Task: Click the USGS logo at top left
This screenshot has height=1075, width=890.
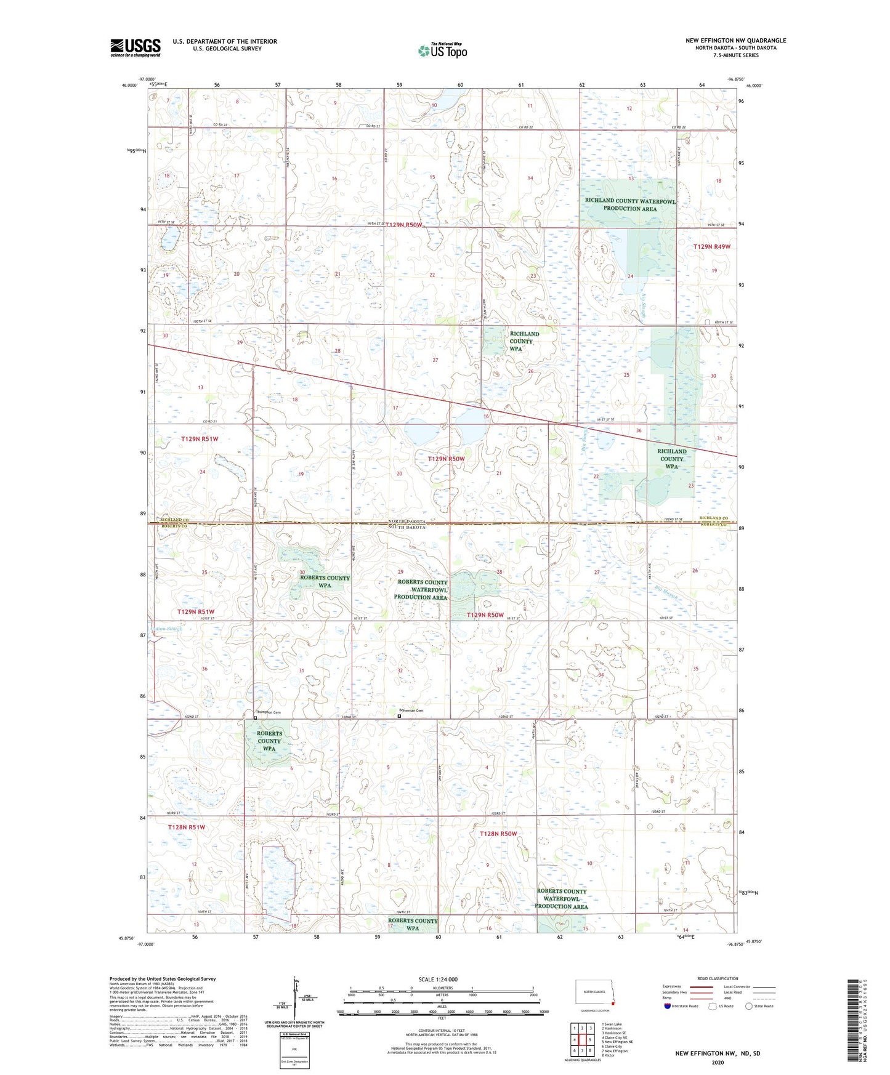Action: coord(135,47)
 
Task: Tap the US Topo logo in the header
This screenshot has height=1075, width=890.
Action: coord(442,50)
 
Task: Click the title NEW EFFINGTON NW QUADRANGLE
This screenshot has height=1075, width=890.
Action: coord(735,41)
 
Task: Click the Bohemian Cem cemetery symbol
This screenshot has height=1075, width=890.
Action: coord(398,717)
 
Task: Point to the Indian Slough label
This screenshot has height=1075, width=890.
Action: coord(164,629)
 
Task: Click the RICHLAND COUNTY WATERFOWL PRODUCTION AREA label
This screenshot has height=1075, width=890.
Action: coord(629,204)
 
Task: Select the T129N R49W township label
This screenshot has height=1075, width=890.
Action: coord(711,246)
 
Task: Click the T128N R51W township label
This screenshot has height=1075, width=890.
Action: coord(186,827)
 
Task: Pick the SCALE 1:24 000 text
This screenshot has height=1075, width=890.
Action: coord(438,979)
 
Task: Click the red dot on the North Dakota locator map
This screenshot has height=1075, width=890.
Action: coord(604,1009)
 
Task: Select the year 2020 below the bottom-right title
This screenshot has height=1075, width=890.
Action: coord(718,1062)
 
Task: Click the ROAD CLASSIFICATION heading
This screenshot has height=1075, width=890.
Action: coord(718,978)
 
